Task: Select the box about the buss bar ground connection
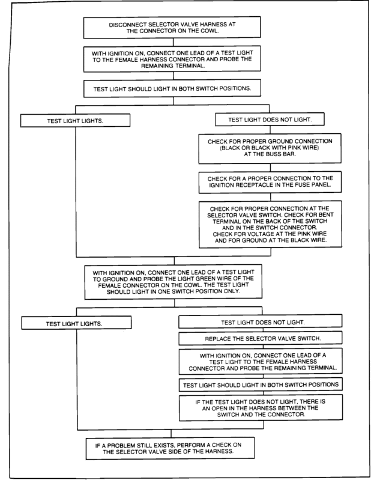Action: click(270, 148)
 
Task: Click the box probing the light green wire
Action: click(173, 282)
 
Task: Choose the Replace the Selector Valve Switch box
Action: click(261, 338)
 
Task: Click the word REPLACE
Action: click(217, 339)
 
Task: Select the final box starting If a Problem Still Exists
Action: click(170, 448)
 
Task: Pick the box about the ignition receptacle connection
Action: click(270, 182)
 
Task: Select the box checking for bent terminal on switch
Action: click(270, 224)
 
